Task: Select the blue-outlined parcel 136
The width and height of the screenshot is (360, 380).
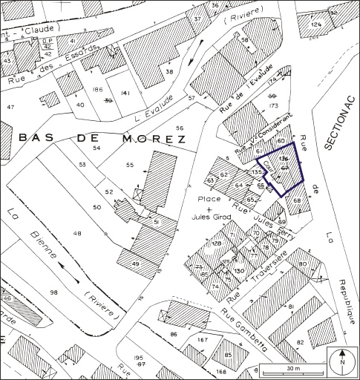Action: click(x=282, y=166)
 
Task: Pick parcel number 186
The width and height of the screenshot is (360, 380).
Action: click(x=96, y=90)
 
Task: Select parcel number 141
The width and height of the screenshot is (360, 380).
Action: click(x=125, y=93)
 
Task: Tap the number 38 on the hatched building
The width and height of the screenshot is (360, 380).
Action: click(x=169, y=71)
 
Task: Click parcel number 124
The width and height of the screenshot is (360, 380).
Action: click(x=317, y=25)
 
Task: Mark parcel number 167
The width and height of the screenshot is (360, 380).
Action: click(x=201, y=341)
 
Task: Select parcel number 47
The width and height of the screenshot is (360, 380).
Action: click(x=10, y=108)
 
